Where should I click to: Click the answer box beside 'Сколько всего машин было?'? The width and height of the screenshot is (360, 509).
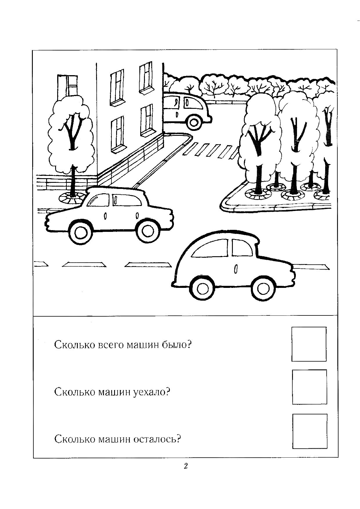tap(309, 344)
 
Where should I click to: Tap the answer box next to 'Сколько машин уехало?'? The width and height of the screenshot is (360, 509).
tap(309, 387)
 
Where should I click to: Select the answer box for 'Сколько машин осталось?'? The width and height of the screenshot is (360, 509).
tap(309, 431)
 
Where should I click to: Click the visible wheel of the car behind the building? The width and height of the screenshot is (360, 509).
tap(195, 122)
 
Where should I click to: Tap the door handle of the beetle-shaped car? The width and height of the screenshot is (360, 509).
tap(236, 269)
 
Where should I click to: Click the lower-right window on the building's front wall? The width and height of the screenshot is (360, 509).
tap(146, 119)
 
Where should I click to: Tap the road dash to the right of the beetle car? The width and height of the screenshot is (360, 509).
tap(312, 266)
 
